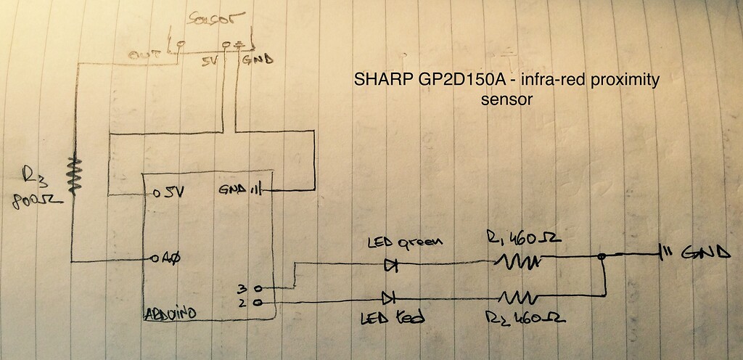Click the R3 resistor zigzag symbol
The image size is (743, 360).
(73, 173)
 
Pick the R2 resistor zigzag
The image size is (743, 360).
(517, 296)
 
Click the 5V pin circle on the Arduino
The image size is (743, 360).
(156, 195)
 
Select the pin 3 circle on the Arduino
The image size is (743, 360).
(258, 288)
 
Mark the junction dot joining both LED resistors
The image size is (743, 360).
(602, 256)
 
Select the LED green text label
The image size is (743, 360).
(403, 242)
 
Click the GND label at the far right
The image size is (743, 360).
(707, 254)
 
